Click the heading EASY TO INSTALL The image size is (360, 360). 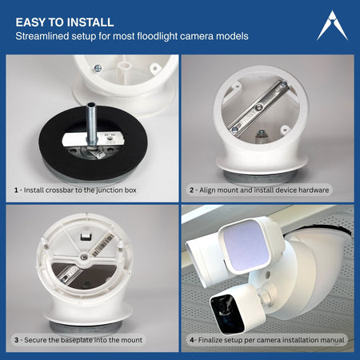pyautogui.click(x=64, y=22)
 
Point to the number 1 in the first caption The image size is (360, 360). pyautogui.click(x=17, y=190)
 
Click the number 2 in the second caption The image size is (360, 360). pyautogui.click(x=192, y=190)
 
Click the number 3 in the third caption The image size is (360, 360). pyautogui.click(x=17, y=340)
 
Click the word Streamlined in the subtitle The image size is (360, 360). pyautogui.click(x=49, y=37)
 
